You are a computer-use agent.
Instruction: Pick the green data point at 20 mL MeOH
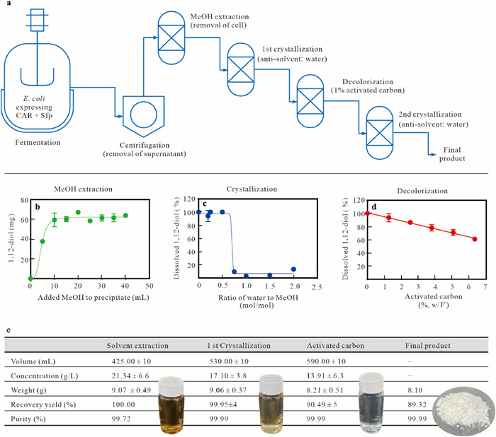click(x=78, y=212)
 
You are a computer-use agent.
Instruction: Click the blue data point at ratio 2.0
click(x=293, y=269)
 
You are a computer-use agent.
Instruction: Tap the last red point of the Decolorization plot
click(x=475, y=239)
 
